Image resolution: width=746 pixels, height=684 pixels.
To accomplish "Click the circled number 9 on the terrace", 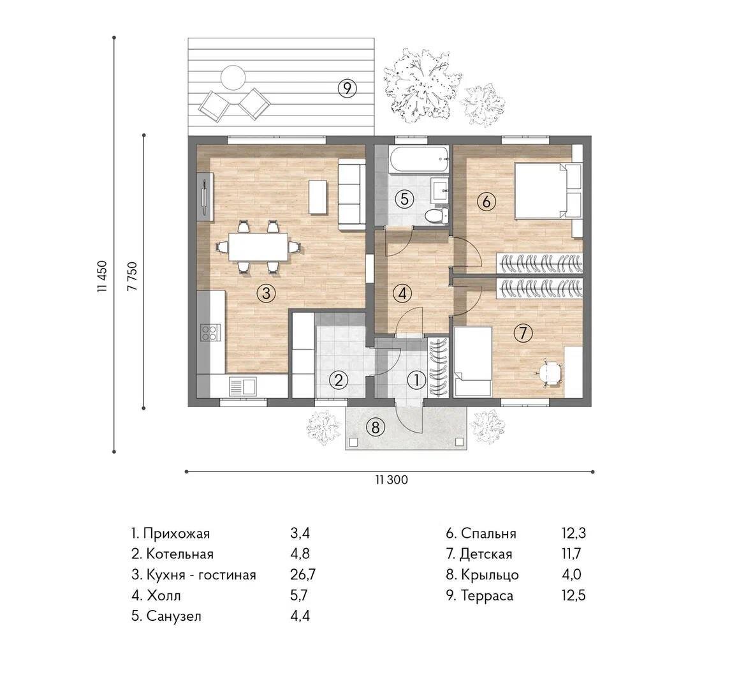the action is [x=347, y=88].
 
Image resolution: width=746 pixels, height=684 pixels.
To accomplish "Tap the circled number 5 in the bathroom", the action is [x=404, y=198].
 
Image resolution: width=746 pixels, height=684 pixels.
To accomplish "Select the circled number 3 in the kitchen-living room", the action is [x=267, y=294].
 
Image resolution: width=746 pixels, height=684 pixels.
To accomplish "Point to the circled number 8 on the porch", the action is [x=376, y=427].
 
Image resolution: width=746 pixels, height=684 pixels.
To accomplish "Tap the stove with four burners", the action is [x=210, y=332].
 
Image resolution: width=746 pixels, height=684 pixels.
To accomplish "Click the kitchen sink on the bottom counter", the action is [x=243, y=387].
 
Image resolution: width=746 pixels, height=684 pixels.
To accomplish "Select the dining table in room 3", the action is [x=258, y=246].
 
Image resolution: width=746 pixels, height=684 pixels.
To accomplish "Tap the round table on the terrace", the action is [x=233, y=77].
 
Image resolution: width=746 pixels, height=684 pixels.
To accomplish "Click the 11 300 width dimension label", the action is [x=391, y=480].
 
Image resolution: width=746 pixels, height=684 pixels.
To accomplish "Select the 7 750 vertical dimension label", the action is [x=132, y=276].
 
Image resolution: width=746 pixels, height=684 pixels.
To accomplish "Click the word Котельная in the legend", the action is [x=179, y=554].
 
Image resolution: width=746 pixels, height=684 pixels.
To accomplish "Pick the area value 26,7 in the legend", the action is [x=303, y=574].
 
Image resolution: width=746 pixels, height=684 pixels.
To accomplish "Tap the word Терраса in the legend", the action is [x=487, y=595].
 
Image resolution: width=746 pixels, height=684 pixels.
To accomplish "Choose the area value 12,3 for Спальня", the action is [x=574, y=533].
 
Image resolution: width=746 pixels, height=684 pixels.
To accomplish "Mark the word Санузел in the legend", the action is [x=173, y=616].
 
